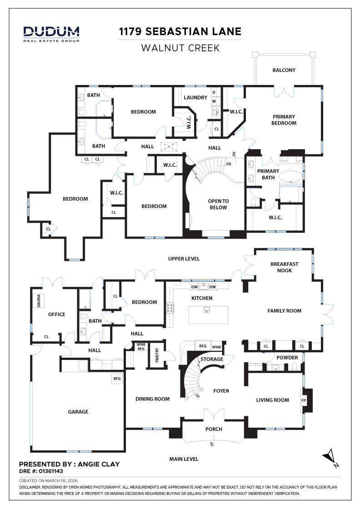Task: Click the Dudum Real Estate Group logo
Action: pos(51,34)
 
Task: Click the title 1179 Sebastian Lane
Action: pos(180,31)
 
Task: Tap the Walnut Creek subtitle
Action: pos(180,48)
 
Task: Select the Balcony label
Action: pos(284,70)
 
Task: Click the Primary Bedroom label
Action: pos(284,120)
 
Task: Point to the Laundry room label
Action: pos(195,97)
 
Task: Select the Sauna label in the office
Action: pos(39,301)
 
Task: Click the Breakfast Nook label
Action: pos(284,267)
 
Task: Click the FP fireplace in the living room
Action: pos(304,400)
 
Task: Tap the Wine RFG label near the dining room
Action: pos(141,347)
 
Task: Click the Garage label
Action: pos(78,412)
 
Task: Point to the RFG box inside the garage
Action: pos(117,378)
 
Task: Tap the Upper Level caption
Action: pos(184,259)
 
